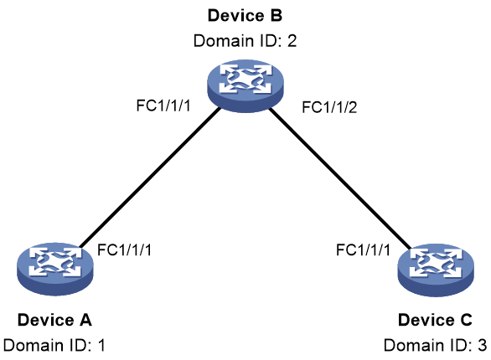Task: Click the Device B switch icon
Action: coord(245,85)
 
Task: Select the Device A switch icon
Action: coord(55,269)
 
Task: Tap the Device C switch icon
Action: coord(436,270)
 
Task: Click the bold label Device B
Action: coord(245,16)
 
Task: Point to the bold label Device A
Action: coord(54,320)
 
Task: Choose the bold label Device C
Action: coord(435,320)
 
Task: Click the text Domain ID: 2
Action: coord(245,41)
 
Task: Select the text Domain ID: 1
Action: coord(54,345)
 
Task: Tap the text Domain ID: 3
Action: coord(435,345)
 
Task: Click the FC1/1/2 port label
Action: coord(329,107)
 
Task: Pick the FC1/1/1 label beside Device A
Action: coord(124,249)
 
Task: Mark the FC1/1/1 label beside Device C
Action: coord(363,249)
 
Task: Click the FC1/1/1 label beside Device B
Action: coord(163,105)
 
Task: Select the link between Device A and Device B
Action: coord(150,177)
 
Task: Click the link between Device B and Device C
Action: coord(339,178)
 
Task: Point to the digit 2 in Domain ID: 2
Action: coord(292,41)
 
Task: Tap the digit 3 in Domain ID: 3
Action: coord(483,345)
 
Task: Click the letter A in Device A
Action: coord(85,320)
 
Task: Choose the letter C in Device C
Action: coord(466,320)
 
